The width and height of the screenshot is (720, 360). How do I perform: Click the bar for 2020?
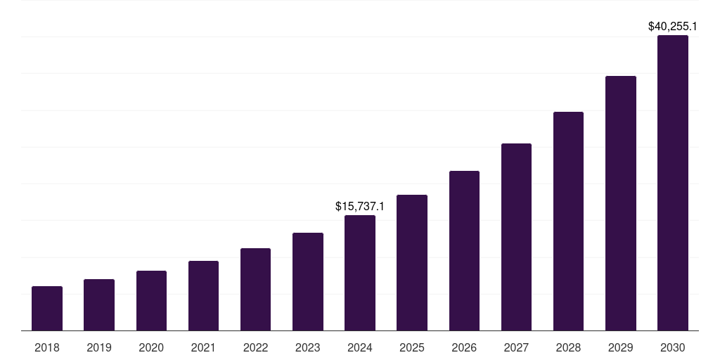pyautogui.click(x=151, y=300)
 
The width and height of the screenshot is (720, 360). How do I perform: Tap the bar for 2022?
pyautogui.click(x=255, y=289)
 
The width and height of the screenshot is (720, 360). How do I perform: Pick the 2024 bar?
pyautogui.click(x=360, y=273)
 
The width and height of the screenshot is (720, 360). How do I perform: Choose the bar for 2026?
pyautogui.click(x=464, y=250)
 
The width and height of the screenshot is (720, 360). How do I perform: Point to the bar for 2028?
pyautogui.click(x=568, y=221)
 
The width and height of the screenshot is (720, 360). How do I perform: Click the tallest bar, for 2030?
pyautogui.click(x=673, y=183)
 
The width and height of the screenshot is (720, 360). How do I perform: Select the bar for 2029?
pyautogui.click(x=621, y=203)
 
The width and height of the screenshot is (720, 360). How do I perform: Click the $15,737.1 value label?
pyautogui.click(x=360, y=206)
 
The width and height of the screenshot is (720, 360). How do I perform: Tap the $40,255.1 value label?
pyautogui.click(x=673, y=27)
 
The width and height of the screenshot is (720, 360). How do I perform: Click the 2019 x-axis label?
pyautogui.click(x=99, y=347)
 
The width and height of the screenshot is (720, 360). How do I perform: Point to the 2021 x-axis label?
pyautogui.click(x=203, y=347)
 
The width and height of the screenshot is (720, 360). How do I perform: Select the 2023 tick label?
pyautogui.click(x=308, y=347)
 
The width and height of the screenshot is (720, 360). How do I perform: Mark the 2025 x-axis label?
pyautogui.click(x=412, y=347)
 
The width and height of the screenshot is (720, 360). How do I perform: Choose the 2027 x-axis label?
pyautogui.click(x=516, y=347)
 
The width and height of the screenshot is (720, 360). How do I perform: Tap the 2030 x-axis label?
pyautogui.click(x=673, y=347)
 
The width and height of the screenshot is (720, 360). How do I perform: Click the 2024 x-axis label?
pyautogui.click(x=360, y=347)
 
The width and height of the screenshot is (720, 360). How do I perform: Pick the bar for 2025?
pyautogui.click(x=412, y=262)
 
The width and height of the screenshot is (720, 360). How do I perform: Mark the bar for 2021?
pyautogui.click(x=203, y=295)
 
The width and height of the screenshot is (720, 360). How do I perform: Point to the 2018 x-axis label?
pyautogui.click(x=47, y=347)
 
